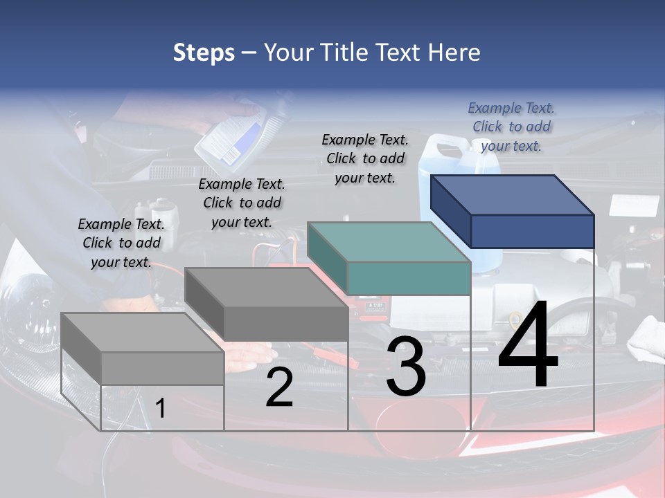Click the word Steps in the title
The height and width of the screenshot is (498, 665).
click(x=204, y=53)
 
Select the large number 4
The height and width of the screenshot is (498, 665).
click(x=528, y=346)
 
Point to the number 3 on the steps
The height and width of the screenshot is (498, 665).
click(x=406, y=367)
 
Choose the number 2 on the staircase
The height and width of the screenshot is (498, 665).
click(x=279, y=387)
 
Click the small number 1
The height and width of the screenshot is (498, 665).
click(x=161, y=408)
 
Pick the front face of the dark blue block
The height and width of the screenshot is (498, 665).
click(x=532, y=231)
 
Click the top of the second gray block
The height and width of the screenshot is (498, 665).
click(x=266, y=287)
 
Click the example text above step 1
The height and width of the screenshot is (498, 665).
click(x=121, y=243)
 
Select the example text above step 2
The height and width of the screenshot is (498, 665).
click(x=242, y=203)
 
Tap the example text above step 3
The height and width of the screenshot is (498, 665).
click(x=365, y=158)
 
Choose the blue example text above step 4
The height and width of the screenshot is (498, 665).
click(x=511, y=127)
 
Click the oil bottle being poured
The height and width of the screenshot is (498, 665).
click(x=232, y=138)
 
